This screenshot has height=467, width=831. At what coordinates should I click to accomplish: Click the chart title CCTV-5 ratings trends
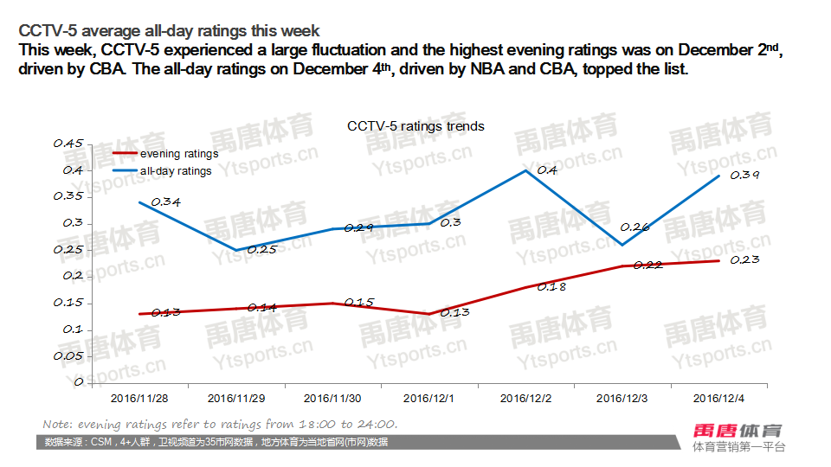coord(415,126)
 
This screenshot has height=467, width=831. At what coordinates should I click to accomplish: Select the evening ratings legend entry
coord(178,154)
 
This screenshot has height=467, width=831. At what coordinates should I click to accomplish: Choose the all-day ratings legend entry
coord(176,171)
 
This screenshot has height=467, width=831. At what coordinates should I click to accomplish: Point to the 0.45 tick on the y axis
coord(68,144)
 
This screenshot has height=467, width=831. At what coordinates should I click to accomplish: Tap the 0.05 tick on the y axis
coord(68,355)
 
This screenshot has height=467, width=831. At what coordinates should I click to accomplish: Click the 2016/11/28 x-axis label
coord(140,399)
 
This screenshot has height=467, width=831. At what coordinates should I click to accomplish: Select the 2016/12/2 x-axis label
coord(526,399)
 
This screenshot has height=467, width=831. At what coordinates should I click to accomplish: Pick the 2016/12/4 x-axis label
coord(720,399)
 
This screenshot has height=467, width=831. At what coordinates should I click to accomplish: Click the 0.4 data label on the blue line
coord(547,170)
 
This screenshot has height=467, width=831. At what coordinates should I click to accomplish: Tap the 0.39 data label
coord(745,176)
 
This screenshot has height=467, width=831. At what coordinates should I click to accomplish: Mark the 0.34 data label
coord(165,202)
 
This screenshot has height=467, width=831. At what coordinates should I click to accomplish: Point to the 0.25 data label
coord(262,250)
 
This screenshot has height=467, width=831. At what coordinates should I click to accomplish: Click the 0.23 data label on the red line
coord(744,259)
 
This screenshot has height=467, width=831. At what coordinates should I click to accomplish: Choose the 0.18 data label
coord(551,286)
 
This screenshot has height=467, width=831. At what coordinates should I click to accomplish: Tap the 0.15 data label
coord(358,303)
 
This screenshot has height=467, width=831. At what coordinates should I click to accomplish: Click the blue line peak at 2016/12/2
coord(526,170)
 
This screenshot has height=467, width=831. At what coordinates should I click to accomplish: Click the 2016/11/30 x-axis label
coord(333,399)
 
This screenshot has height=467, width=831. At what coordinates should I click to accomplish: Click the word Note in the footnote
coord(57,425)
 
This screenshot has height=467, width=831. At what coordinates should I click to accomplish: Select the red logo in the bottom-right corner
coord(738,431)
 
